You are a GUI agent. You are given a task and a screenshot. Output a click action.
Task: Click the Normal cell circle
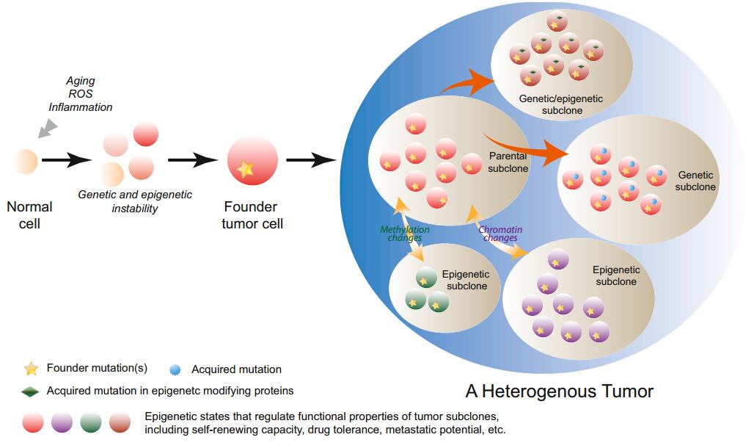(x=26, y=161)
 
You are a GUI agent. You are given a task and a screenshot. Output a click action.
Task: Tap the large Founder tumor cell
(x=252, y=162)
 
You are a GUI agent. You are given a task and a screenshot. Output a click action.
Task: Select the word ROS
(x=80, y=94)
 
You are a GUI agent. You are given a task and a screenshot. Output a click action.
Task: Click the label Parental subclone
(x=508, y=162)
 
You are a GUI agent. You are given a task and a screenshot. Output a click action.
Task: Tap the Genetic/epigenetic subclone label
(x=551, y=104)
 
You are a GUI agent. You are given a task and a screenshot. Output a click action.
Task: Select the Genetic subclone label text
(x=695, y=181)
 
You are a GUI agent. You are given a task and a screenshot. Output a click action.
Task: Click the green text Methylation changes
(x=404, y=234)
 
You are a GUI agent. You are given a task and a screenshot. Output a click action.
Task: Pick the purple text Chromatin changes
(x=498, y=234)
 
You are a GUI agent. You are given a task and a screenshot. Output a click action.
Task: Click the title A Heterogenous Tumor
(x=559, y=390)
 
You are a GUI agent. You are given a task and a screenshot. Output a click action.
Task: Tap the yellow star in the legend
(x=31, y=368)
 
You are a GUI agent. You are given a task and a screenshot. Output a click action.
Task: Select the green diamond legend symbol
(x=30, y=391)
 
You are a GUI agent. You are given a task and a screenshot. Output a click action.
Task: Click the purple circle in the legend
(x=62, y=422)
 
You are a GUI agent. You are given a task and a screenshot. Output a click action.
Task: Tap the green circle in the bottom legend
(x=90, y=422)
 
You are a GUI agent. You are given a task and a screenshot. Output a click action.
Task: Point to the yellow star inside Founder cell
(x=246, y=170)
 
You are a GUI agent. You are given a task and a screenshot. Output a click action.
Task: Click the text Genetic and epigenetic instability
(x=135, y=201)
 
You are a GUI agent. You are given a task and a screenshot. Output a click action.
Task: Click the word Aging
(x=80, y=81)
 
